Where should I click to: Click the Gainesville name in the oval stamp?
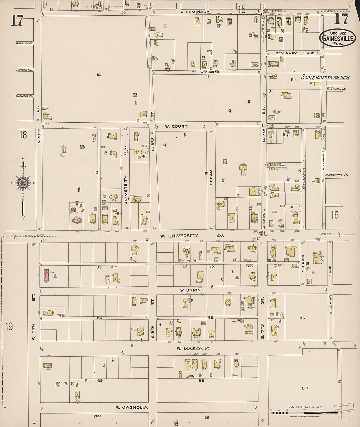pos(337,38)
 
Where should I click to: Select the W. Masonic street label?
pos(193,348)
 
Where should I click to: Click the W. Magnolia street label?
pos(132,407)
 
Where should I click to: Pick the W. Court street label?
pos(176,126)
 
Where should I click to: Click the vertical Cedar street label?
pos(211,178)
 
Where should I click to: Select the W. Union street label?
pos(190,290)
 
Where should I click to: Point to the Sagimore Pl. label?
pos(25,43)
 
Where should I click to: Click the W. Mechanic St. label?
pos(336,175)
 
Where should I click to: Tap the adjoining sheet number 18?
pos(23,134)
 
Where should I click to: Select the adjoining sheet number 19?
pos(9,326)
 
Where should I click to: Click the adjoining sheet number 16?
pos(334,215)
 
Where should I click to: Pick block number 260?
pos(97,416)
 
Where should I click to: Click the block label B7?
pos(305,388)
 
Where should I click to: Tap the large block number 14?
pos(99,75)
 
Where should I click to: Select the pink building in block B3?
pos(46,276)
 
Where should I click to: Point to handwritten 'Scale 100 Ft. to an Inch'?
pos(325,78)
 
